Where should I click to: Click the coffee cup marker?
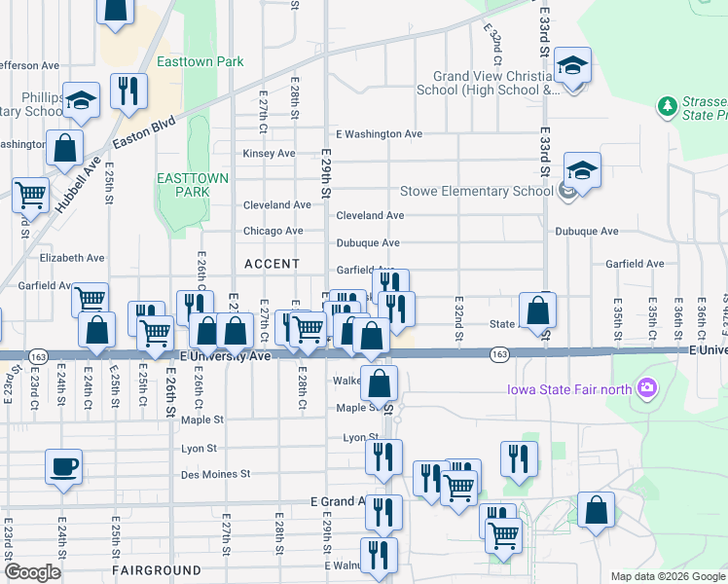point(63,466)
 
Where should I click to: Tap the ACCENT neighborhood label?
point(272,264)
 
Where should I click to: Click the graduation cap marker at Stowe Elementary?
point(582,171)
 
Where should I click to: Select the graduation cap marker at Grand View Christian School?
point(574,66)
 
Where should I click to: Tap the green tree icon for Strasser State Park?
point(668,105)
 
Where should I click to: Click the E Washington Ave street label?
point(379,133)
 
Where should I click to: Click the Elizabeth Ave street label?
point(71,258)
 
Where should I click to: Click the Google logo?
point(33,572)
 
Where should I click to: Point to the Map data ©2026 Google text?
point(668,576)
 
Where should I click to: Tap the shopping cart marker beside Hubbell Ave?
point(30,195)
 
